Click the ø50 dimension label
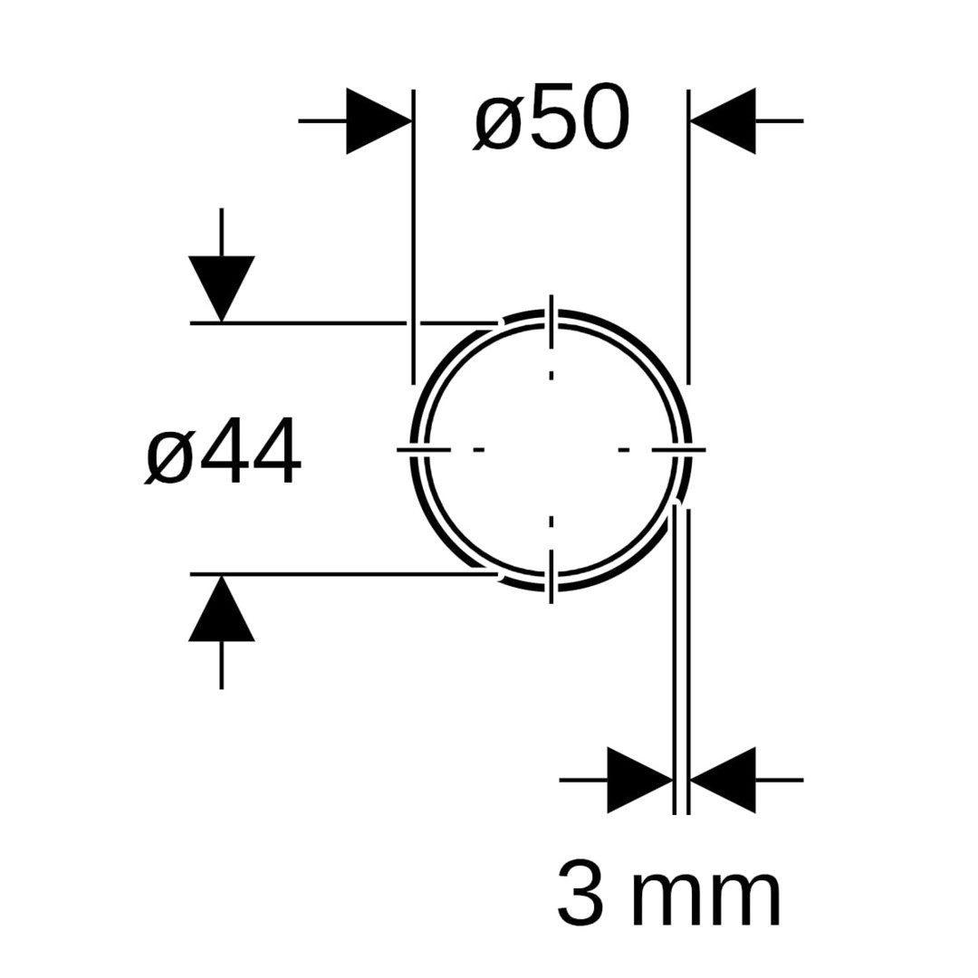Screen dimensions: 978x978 point(551,118)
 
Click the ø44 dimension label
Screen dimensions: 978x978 point(223,451)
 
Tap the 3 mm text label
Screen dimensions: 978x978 point(668,892)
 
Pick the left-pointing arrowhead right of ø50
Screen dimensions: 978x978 point(723,121)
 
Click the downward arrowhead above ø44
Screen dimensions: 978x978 point(222,289)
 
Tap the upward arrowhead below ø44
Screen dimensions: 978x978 point(222,609)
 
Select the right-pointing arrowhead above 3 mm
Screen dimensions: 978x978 point(640,781)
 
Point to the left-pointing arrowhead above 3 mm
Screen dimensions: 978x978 point(723,781)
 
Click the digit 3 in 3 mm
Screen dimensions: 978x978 point(580,892)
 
